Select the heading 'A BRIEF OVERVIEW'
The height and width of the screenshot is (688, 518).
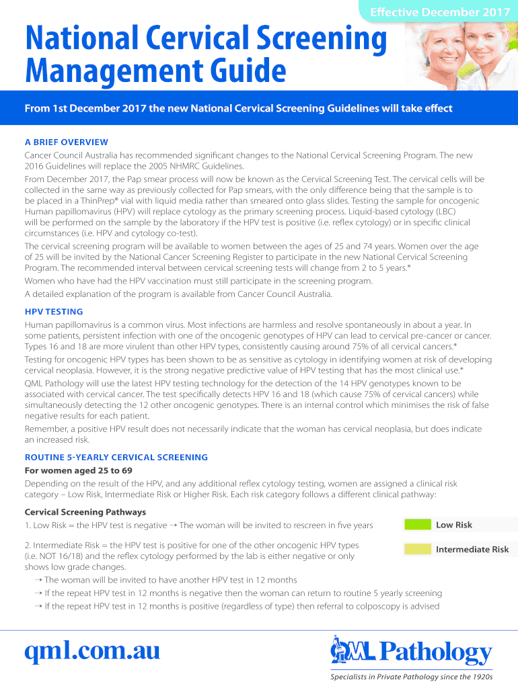(67, 142)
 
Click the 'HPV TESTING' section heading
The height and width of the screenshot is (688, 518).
(54, 312)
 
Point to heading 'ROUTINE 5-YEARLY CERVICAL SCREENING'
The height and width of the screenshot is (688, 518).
(116, 457)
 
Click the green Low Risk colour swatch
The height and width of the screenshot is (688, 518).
(416, 525)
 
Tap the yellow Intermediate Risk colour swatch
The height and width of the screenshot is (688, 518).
(416, 550)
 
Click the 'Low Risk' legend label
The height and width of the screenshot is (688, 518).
(454, 525)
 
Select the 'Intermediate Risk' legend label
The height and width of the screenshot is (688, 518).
(472, 550)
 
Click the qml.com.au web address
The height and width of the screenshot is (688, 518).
(91, 650)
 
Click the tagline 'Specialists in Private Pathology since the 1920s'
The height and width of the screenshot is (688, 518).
(411, 677)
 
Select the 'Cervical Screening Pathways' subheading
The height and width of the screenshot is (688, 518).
(85, 512)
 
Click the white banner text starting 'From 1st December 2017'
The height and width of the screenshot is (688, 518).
(239, 108)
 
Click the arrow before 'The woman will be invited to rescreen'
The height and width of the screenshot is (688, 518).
(173, 525)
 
